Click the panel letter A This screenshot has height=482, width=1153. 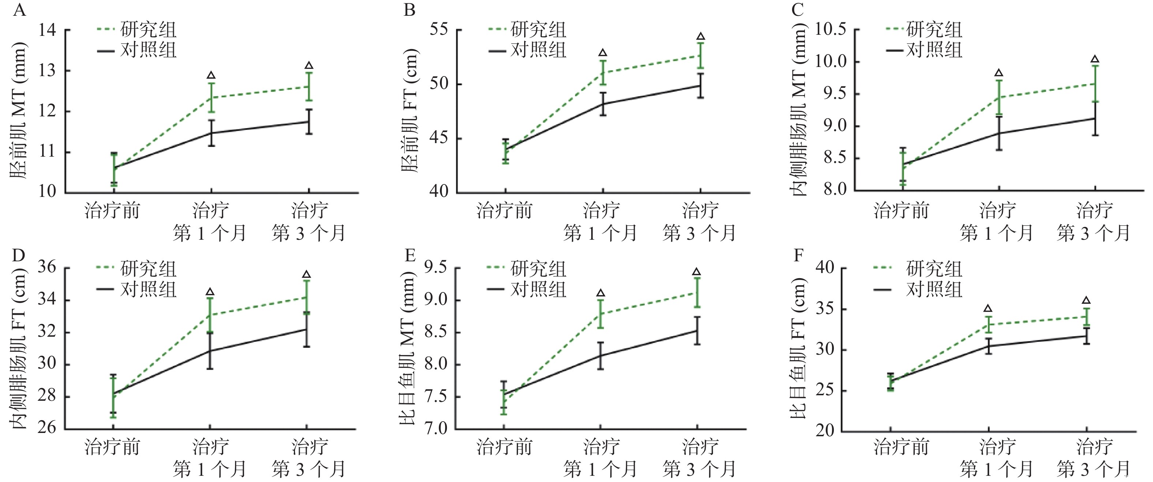[20, 10]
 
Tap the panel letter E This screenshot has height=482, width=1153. [410, 255]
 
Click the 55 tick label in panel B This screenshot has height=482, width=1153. [439, 30]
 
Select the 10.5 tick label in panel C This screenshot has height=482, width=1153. [831, 30]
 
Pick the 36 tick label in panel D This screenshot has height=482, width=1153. [47, 268]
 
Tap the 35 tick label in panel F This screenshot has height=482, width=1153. [825, 309]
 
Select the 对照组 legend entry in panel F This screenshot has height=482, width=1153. [934, 289]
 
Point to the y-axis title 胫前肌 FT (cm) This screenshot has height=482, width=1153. [408, 110]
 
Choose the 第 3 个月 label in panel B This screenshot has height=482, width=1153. [699, 233]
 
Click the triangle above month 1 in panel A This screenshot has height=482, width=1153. [211, 75]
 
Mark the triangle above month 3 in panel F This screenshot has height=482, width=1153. [1086, 300]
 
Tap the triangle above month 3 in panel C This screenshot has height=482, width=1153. [1095, 59]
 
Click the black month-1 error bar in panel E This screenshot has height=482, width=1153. [600, 356]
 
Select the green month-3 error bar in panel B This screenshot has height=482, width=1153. [701, 56]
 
